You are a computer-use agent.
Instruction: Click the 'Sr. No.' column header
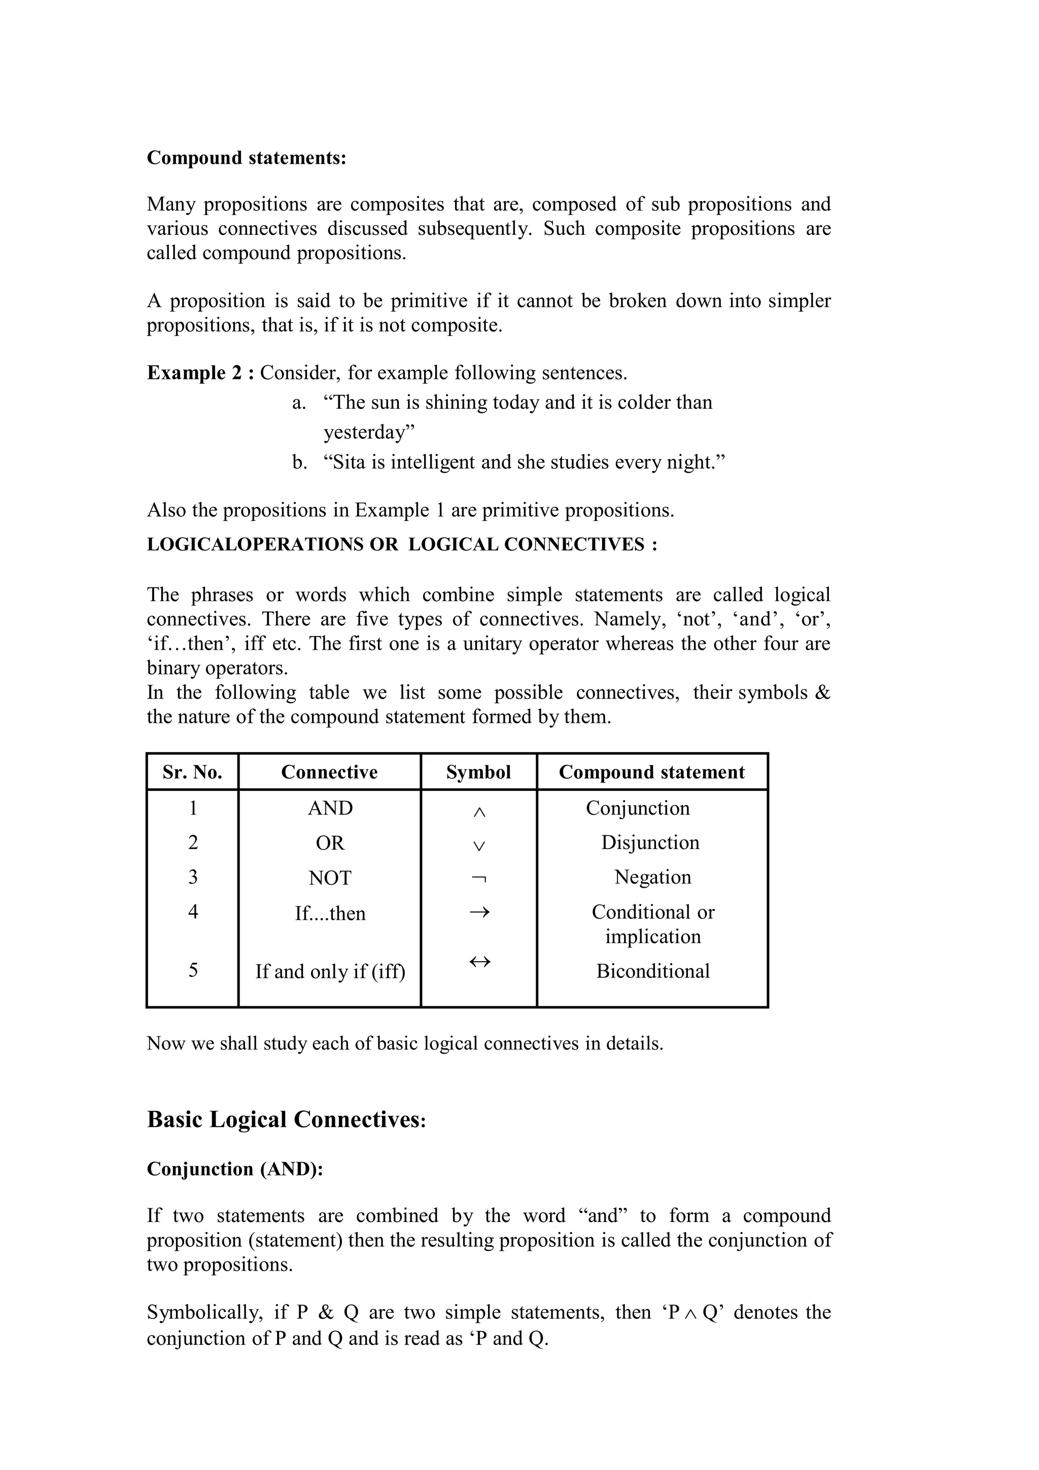[192, 772]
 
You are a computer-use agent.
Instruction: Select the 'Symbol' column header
[478, 772]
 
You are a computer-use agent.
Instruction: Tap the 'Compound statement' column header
[652, 772]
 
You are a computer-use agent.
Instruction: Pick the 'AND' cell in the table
[330, 808]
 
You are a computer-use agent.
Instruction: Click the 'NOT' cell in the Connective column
[330, 878]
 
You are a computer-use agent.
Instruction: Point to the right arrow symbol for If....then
[479, 912]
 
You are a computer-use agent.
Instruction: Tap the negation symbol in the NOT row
[479, 879]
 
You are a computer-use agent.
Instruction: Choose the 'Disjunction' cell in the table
[650, 843]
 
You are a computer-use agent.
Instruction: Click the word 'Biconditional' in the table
[652, 970]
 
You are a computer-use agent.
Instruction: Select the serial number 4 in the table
[193, 911]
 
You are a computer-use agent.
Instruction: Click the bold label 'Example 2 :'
[200, 373]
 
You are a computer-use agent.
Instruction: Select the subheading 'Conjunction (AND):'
[235, 1169]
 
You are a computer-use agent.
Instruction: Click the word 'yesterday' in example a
[366, 433]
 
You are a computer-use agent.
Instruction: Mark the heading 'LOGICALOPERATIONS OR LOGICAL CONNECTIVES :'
[402, 544]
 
